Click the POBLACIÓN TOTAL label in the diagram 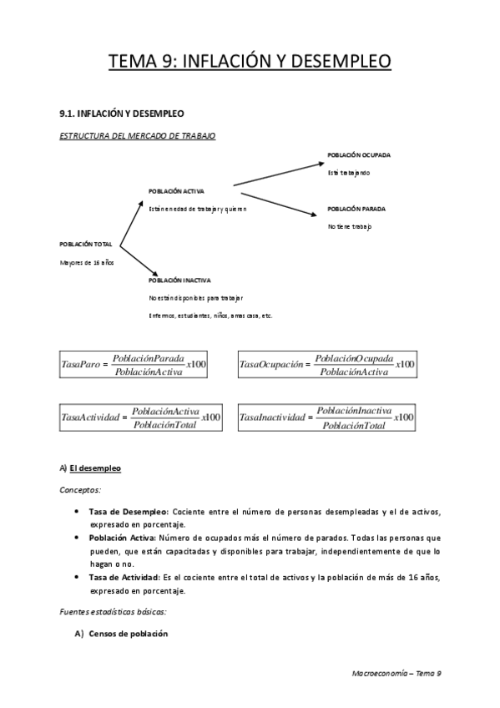[x=86, y=244]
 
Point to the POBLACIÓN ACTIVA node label [x=176, y=191]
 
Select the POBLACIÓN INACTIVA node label [x=179, y=281]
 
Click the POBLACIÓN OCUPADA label [x=359, y=155]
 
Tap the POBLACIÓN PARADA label [x=356, y=209]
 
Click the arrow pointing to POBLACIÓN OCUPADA [x=278, y=174]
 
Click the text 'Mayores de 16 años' [x=87, y=262]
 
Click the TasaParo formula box [x=134, y=364]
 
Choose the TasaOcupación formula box [x=327, y=364]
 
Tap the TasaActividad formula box [x=141, y=417]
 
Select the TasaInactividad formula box [x=327, y=417]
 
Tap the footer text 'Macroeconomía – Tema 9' [x=397, y=672]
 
